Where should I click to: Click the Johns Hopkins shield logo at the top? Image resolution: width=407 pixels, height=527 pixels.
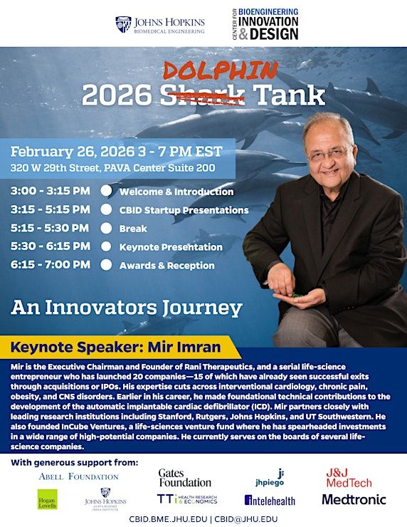[123, 24]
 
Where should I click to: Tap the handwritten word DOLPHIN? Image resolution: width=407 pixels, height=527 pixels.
[221, 71]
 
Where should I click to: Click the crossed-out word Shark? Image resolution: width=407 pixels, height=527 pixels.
[202, 95]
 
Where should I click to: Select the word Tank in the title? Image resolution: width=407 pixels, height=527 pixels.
[288, 95]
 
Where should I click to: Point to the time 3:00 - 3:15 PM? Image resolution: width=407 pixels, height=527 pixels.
[51, 191]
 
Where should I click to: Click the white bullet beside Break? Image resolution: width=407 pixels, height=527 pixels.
[106, 228]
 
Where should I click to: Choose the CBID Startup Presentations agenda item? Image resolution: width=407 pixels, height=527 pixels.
[184, 210]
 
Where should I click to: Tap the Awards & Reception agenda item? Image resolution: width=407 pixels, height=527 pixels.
[167, 266]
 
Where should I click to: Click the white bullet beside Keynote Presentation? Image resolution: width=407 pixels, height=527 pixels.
[106, 246]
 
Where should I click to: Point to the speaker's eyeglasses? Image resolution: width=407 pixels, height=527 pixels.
[328, 154]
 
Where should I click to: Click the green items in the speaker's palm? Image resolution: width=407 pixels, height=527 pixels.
[297, 295]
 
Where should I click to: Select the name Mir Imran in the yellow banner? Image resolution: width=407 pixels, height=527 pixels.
[184, 347]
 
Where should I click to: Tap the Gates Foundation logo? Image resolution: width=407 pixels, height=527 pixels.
[185, 478]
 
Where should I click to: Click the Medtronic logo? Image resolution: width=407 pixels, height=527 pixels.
[354, 499]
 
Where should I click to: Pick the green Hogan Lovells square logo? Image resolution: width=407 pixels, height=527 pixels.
[48, 499]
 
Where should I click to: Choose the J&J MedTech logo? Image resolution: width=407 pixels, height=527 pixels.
[349, 478]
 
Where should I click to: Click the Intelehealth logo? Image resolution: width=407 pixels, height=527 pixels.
[270, 501]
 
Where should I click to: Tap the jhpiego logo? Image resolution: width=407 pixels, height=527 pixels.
[270, 478]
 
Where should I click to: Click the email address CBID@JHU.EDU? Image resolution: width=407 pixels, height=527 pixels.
[246, 519]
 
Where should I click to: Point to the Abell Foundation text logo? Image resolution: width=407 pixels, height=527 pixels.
[78, 476]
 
